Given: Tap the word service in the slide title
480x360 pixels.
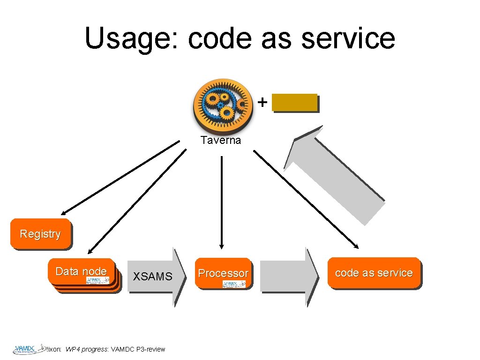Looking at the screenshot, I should point(348,38).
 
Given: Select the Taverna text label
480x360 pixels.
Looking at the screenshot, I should point(220,140).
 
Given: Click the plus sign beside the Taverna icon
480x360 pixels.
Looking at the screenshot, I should point(263,101).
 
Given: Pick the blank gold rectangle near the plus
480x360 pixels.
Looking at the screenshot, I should point(295,103).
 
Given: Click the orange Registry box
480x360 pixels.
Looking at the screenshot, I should point(41,233).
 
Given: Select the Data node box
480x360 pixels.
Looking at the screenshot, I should point(81,271).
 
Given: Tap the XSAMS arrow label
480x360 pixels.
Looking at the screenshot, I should point(152,277).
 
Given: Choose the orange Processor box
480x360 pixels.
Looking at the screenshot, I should point(223,273).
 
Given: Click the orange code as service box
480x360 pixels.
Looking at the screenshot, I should point(374,273).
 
